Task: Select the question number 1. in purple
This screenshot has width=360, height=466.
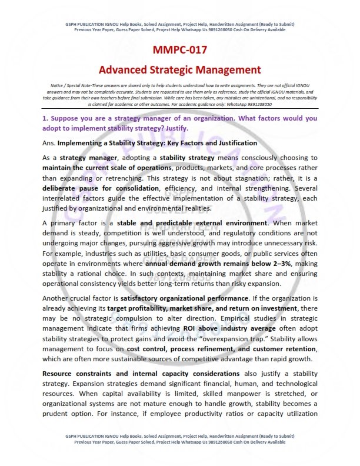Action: click(45, 118)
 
